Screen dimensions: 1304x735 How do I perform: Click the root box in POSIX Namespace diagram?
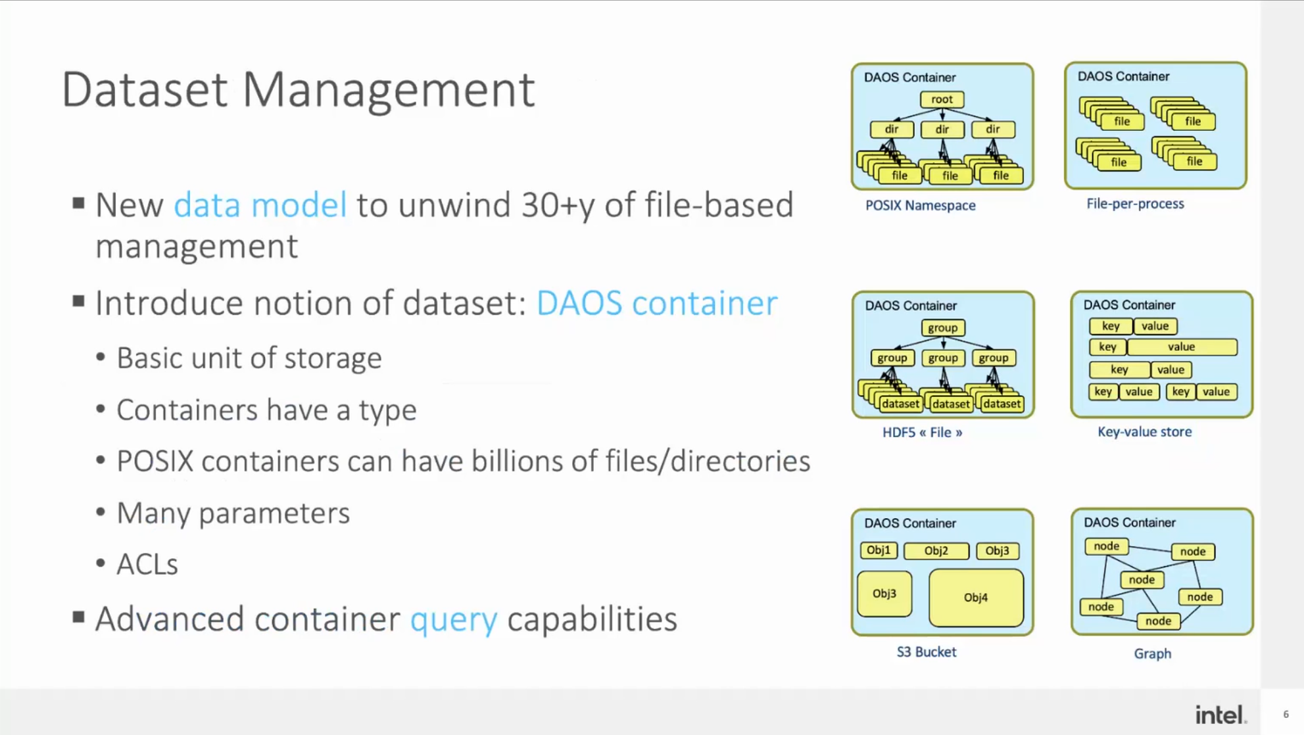[x=942, y=99]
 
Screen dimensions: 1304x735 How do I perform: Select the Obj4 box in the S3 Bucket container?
[x=976, y=597]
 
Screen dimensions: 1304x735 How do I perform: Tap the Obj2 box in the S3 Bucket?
[x=936, y=550]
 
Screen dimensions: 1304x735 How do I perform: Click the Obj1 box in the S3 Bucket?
[x=878, y=550]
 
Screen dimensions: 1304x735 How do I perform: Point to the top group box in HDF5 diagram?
[x=942, y=327]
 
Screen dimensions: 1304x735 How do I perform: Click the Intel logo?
[x=1220, y=715]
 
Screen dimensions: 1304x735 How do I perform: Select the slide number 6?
[x=1286, y=715]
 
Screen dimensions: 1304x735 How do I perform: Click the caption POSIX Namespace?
[x=920, y=205]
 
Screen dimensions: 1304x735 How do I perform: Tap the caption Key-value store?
[x=1144, y=431]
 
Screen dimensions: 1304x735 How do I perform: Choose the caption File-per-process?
[x=1135, y=204]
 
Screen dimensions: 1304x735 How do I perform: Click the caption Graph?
[x=1152, y=653]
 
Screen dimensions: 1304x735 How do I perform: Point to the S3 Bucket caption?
[x=926, y=652]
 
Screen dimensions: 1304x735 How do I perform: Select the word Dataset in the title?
[x=145, y=89]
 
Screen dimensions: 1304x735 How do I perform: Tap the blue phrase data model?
[x=260, y=204]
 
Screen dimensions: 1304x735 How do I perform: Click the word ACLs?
[x=147, y=564]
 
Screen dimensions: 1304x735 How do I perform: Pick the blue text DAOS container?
[x=656, y=303]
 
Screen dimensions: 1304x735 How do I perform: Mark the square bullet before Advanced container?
[x=79, y=617]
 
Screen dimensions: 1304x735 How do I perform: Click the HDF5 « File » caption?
[x=922, y=432]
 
